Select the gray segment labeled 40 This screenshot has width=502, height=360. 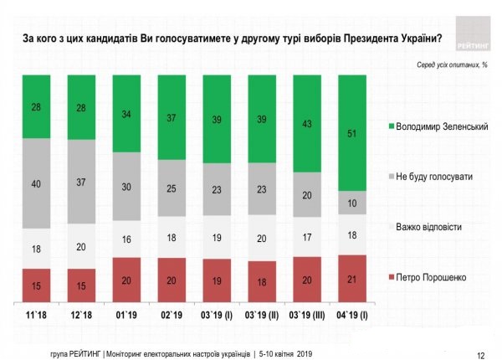click(36, 183)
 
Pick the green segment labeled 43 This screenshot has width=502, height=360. click(307, 123)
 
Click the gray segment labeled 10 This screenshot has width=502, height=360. click(352, 203)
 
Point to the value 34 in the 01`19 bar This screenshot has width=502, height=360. click(126, 113)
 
